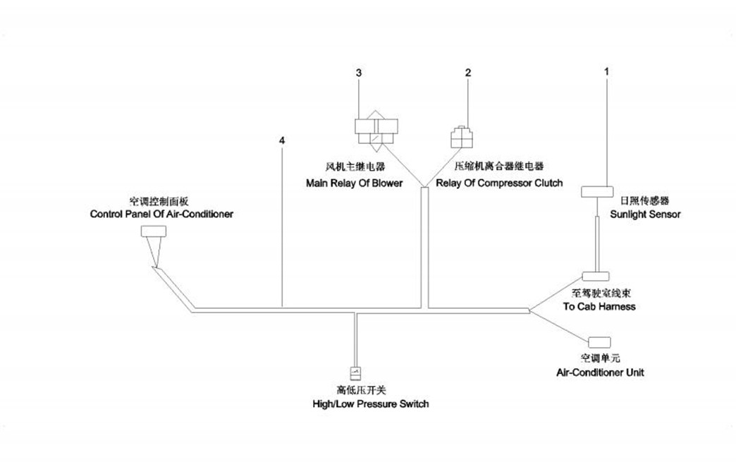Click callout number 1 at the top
pos(606,72)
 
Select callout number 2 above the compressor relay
pos(467,73)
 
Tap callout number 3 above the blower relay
pos(359,73)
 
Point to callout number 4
pos(282,141)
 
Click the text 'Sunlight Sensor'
pos(645,214)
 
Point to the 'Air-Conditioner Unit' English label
pos(600,372)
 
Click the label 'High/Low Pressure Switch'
pos(370,404)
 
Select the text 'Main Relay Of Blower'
pos(354,183)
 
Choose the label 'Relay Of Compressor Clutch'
pos(499,183)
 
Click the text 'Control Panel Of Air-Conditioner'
pos(161,214)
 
